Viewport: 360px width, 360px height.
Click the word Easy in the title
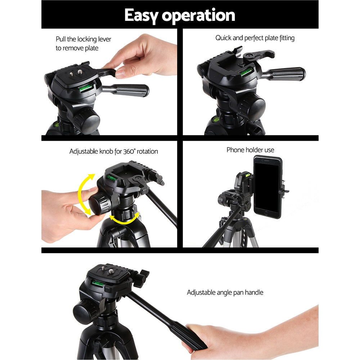142,15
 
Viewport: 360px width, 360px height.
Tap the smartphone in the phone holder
267,186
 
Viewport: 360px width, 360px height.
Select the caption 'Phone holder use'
250,150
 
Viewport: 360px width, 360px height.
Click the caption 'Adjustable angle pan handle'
225,292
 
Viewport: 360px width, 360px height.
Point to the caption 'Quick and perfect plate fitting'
255,38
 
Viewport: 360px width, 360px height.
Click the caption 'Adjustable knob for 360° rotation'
113,152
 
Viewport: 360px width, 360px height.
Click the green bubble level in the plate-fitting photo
246,72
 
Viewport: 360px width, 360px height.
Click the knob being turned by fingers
100,204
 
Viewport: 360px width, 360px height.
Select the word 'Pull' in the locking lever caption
61,39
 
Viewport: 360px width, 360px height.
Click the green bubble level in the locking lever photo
86,88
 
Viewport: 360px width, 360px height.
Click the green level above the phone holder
248,175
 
